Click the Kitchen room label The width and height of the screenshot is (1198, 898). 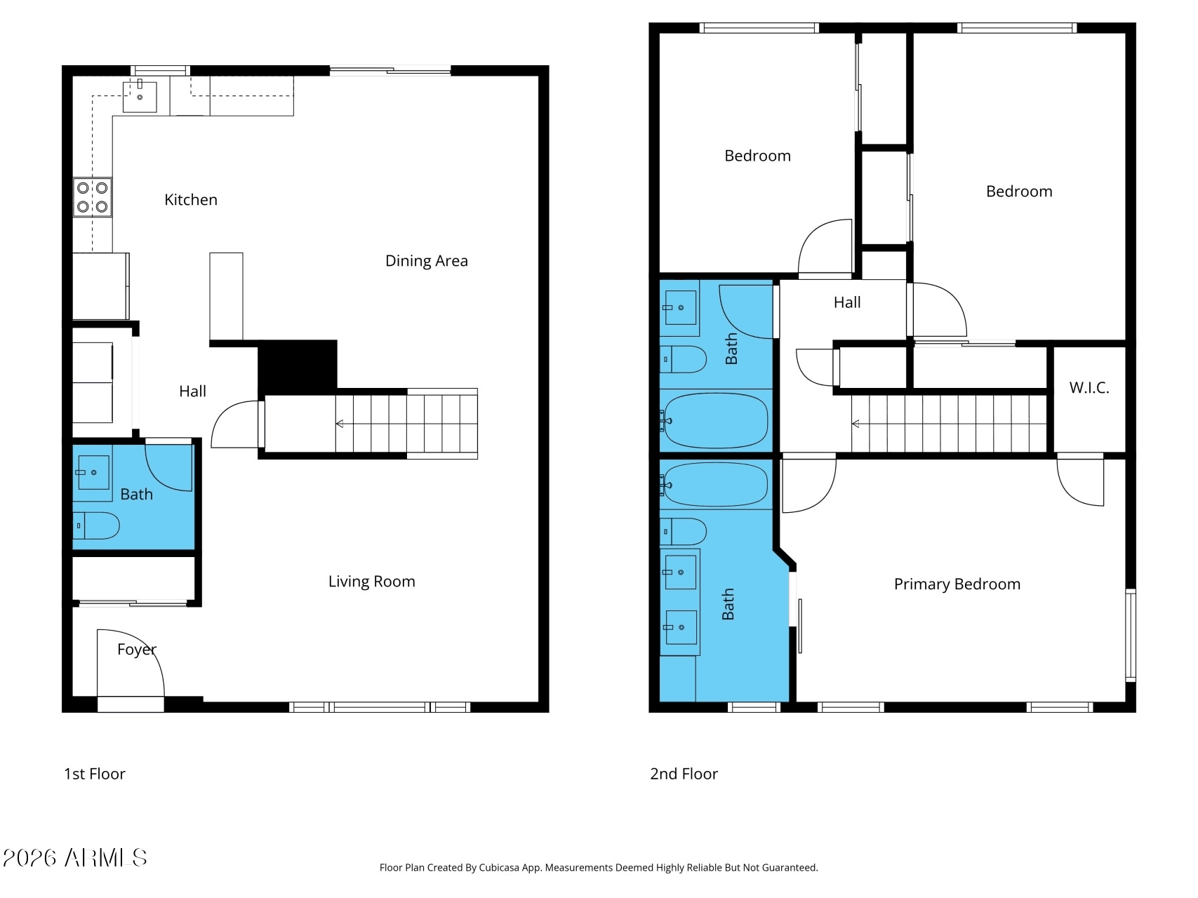click(x=191, y=200)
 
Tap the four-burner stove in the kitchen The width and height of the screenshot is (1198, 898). click(x=93, y=197)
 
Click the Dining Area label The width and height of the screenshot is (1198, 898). click(x=427, y=261)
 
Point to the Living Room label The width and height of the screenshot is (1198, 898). click(x=372, y=582)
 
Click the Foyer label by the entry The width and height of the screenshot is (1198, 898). click(x=137, y=650)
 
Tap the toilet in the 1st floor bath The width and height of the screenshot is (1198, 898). click(x=96, y=525)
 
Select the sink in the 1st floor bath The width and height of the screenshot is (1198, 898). click(x=92, y=472)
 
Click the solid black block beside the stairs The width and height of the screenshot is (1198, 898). click(x=298, y=365)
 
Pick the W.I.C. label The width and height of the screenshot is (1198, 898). click(x=1089, y=388)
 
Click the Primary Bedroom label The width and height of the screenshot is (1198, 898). click(x=957, y=584)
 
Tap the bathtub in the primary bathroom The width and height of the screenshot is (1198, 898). click(x=716, y=484)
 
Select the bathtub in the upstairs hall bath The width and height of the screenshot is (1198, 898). click(x=716, y=421)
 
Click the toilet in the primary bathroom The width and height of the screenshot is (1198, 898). click(x=683, y=532)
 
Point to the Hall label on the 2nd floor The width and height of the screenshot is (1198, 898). click(x=847, y=302)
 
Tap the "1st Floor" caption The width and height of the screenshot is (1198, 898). click(x=95, y=774)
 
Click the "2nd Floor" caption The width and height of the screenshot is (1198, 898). click(x=684, y=774)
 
